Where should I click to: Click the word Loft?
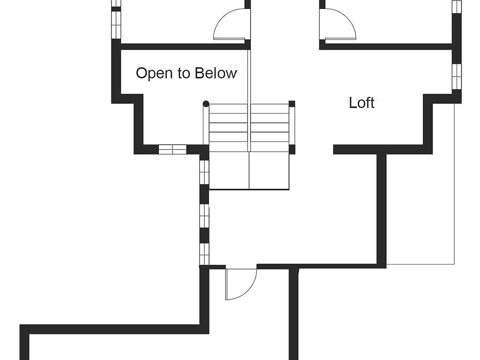pos(361,103)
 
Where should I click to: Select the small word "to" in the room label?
pos(184,73)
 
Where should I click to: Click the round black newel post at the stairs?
pos(205,104)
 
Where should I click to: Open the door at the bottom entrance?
pos(240,284)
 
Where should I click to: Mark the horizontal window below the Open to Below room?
pos(172,149)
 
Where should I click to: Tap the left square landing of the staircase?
pos(229,171)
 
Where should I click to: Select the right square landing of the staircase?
pos(269,171)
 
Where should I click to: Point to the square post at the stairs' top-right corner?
pos(291,104)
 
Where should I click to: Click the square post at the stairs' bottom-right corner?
pos(291,149)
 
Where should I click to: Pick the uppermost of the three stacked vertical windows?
pos(204,172)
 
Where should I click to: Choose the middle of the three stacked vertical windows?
pos(204,215)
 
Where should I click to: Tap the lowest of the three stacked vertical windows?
pos(204,253)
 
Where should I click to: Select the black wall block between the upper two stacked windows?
pos(204,194)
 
